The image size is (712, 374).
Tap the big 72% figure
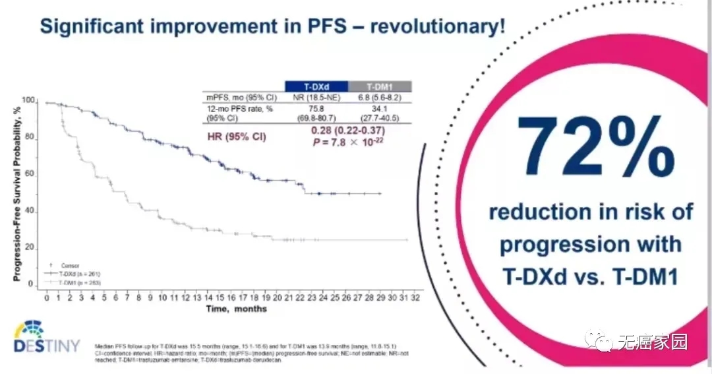coord(597,152)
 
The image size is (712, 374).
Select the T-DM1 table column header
coord(378,86)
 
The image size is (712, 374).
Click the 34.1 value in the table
coord(379,108)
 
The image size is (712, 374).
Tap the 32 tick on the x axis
coord(415,298)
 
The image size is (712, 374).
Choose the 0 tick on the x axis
coord(46,298)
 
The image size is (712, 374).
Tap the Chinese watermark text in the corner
coord(652,342)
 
